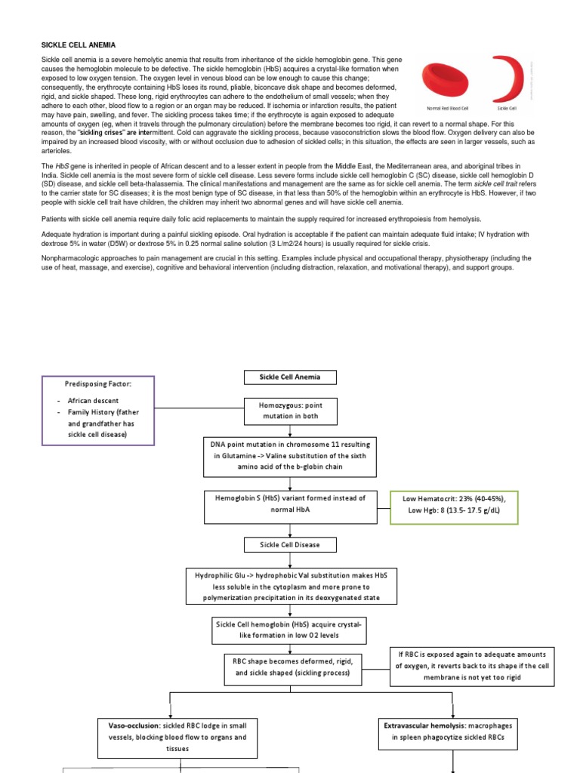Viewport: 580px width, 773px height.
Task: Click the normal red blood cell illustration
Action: click(449, 79)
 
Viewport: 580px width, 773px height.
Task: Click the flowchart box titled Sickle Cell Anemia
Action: click(290, 377)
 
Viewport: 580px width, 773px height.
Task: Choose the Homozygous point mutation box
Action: click(290, 411)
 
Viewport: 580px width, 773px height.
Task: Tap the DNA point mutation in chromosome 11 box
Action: click(290, 456)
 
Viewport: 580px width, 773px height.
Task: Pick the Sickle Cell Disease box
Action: click(290, 545)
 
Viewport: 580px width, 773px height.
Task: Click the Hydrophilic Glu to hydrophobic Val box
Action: click(290, 587)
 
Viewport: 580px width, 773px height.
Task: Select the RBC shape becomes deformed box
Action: click(290, 665)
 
